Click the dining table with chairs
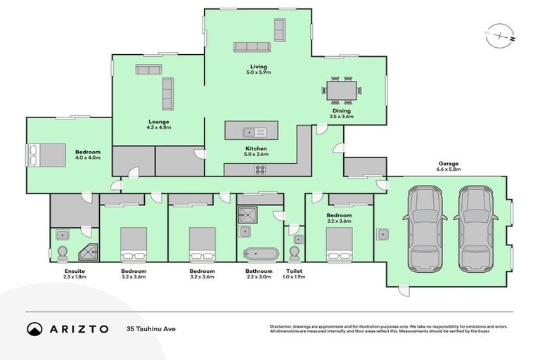click(342, 90)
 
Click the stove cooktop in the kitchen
click(259, 169)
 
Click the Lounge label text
click(158, 122)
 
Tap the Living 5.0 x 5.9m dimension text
click(259, 72)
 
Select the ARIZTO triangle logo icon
click(34, 328)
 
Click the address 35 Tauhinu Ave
click(150, 328)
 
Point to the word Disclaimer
click(282, 326)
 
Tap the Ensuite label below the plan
click(65, 271)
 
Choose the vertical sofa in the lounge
click(167, 94)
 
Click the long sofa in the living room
click(251, 47)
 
